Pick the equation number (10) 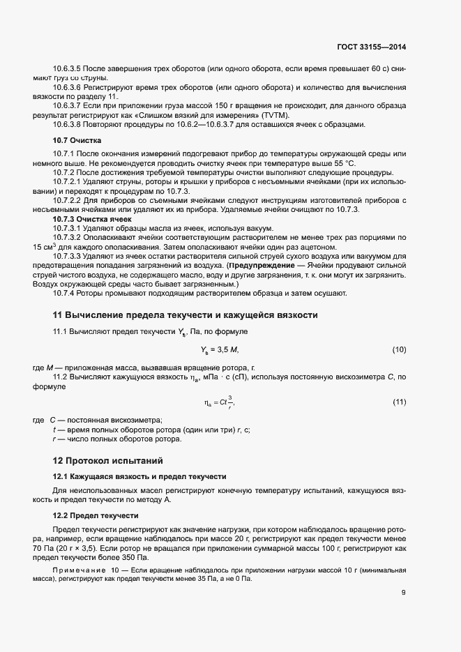[x=399, y=349]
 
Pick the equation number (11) [x=399, y=402]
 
